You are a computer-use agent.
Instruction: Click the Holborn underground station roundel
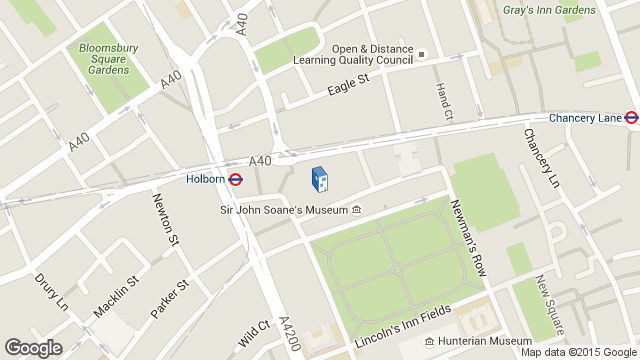[236, 180]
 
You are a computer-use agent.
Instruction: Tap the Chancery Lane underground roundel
[631, 118]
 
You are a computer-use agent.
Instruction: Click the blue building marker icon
[319, 180]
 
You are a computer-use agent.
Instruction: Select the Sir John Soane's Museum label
[283, 210]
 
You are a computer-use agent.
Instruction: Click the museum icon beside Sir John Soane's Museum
[356, 210]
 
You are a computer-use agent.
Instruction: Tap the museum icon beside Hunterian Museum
[429, 341]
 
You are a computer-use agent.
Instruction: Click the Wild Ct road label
[255, 333]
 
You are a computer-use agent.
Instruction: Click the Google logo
[33, 347]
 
